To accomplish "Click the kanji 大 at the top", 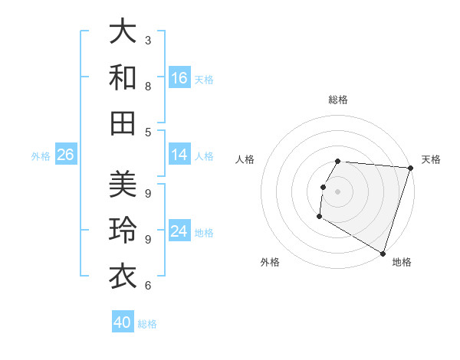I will pos(123,33).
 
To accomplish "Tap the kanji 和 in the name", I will pos(123,78).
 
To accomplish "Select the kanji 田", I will pos(123,123).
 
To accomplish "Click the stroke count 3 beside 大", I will pos(148,40).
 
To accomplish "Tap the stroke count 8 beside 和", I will pos(148,86).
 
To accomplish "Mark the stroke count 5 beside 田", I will pos(148,132).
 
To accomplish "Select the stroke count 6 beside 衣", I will pos(148,286).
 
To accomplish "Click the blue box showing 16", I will pos(179,78).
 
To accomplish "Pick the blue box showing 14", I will pos(179,155).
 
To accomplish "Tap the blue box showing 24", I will pos(179,231).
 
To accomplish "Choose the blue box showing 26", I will pos(65,155).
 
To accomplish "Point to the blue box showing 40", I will pos(123,322).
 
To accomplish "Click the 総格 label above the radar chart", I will pos(338,100).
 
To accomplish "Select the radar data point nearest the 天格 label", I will pos(410,168).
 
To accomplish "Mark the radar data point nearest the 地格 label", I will pos(382,253).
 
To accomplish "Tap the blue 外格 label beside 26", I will pos(41,156).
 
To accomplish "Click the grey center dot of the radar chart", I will pos(338,191).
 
